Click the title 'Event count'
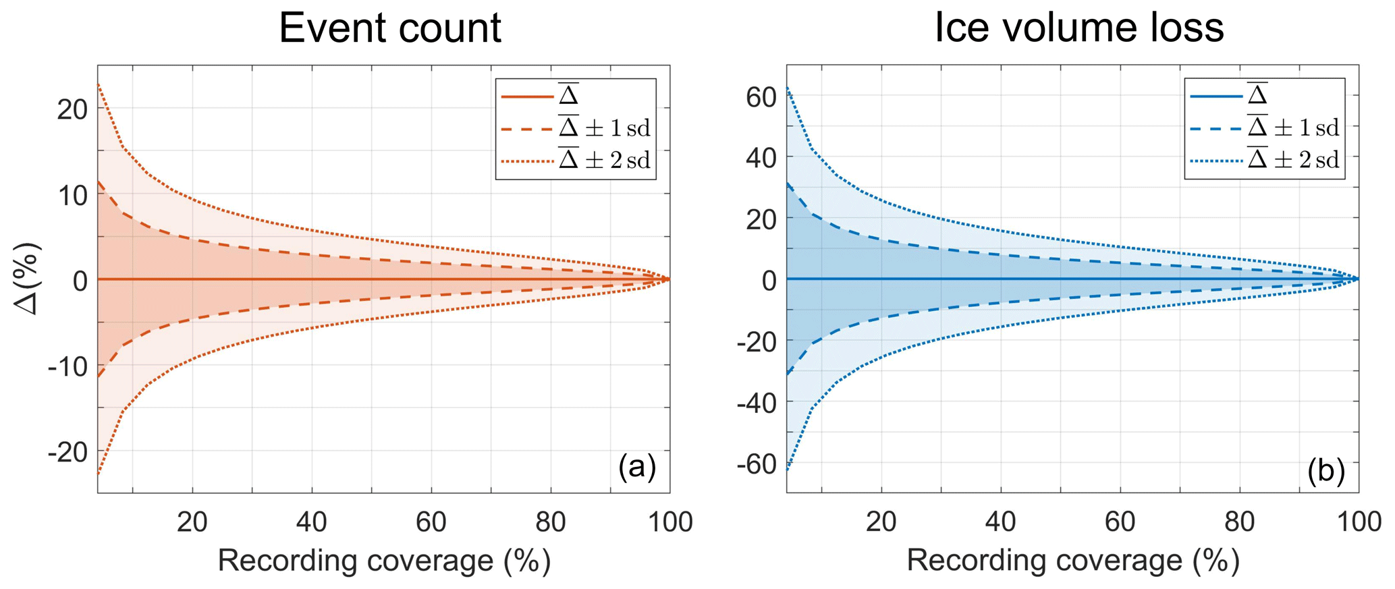pyautogui.click(x=389, y=28)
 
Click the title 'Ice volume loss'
pyautogui.click(x=1078, y=28)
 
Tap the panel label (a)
pyautogui.click(x=636, y=467)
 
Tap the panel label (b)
pyautogui.click(x=1325, y=470)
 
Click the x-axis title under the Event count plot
pyautogui.click(x=384, y=561)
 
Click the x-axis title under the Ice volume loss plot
pyautogui.click(x=1073, y=561)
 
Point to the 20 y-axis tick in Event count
pyautogui.click(x=72, y=109)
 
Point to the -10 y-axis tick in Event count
pyautogui.click(x=68, y=366)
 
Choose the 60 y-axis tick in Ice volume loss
pyautogui.click(x=761, y=97)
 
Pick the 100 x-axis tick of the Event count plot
pyautogui.click(x=669, y=522)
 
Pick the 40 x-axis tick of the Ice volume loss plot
pyautogui.click(x=1000, y=522)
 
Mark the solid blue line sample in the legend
pyautogui.click(x=1215, y=97)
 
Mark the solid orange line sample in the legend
pyautogui.click(x=526, y=97)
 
